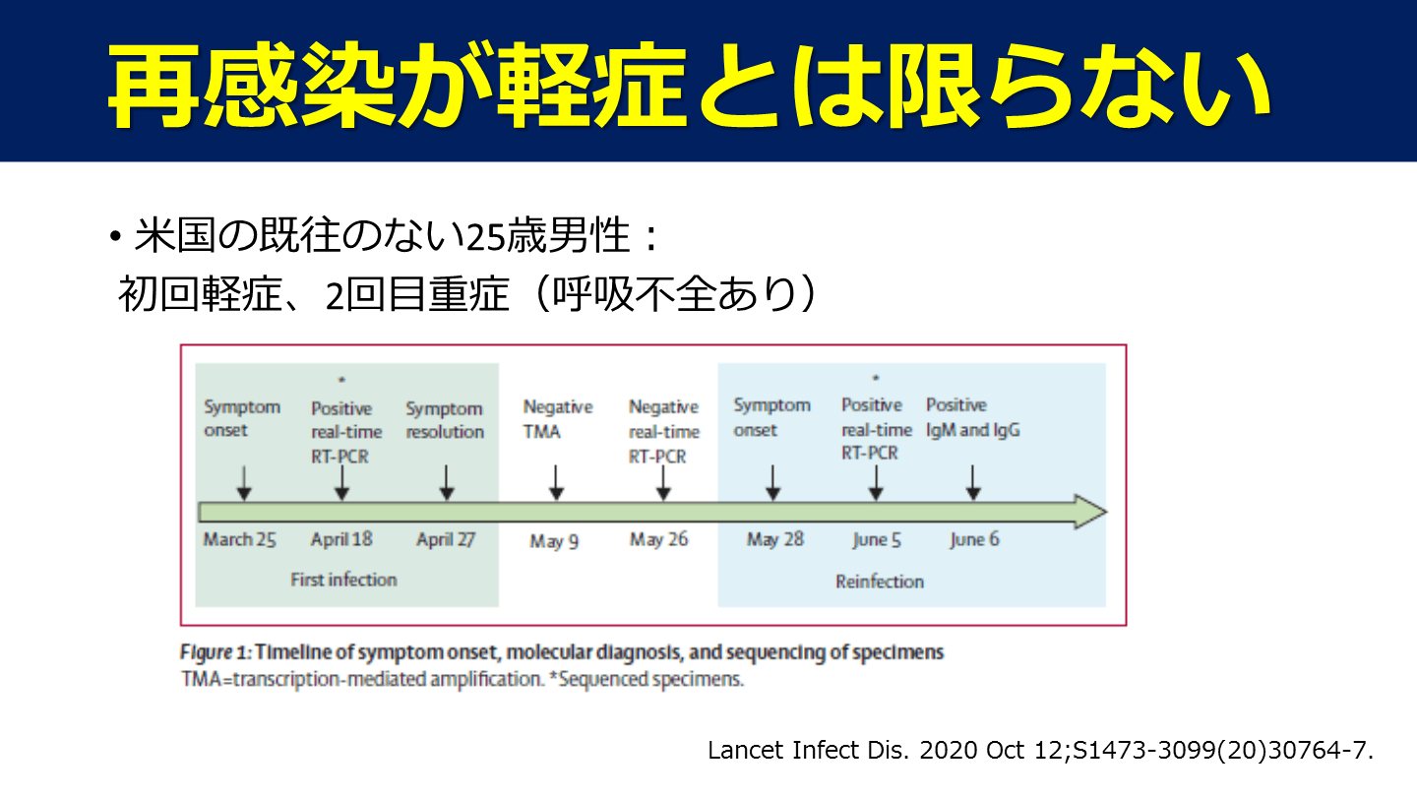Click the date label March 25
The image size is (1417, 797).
[239, 539]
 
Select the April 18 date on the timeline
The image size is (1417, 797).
[341, 539]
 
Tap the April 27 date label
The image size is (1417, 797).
[447, 539]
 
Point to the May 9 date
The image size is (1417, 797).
[554, 541]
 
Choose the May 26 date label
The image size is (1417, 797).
[658, 539]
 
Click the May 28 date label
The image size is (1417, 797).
[774, 539]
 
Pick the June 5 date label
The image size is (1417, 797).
[876, 540]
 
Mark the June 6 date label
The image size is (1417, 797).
[973, 539]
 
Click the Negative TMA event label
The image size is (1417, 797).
[558, 419]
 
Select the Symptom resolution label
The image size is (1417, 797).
[445, 420]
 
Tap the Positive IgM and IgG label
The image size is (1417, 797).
[972, 418]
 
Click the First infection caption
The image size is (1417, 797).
[343, 580]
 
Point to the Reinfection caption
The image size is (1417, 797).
[880, 582]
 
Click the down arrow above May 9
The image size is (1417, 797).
[556, 482]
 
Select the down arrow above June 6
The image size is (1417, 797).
[973, 482]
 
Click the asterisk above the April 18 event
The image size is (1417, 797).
[341, 379]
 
